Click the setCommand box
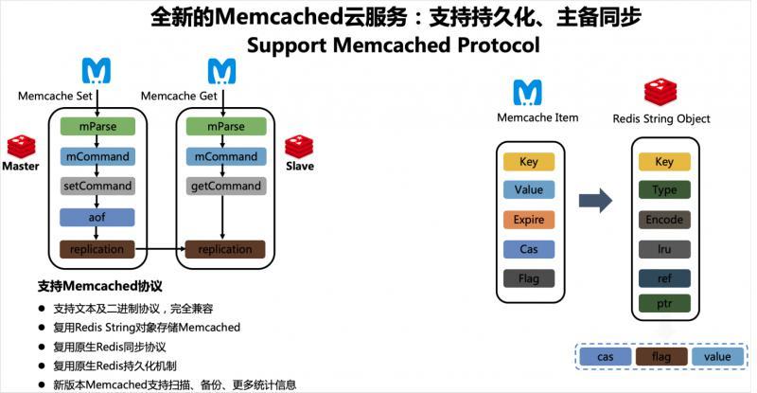[98, 187]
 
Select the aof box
[98, 217]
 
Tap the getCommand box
[224, 187]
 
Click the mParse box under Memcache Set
[98, 126]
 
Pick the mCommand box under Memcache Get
[224, 156]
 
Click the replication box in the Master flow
[98, 249]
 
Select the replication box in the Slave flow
[224, 249]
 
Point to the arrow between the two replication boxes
[161, 249]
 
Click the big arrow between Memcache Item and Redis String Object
[595, 200]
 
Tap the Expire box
[529, 220]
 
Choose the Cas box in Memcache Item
[529, 249]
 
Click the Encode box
[664, 220]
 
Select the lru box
[664, 249]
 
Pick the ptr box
[664, 304]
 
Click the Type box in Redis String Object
[664, 190]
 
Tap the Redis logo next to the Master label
[21, 147]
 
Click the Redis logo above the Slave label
[299, 147]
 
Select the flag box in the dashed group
[660, 356]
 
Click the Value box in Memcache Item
[529, 189]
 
